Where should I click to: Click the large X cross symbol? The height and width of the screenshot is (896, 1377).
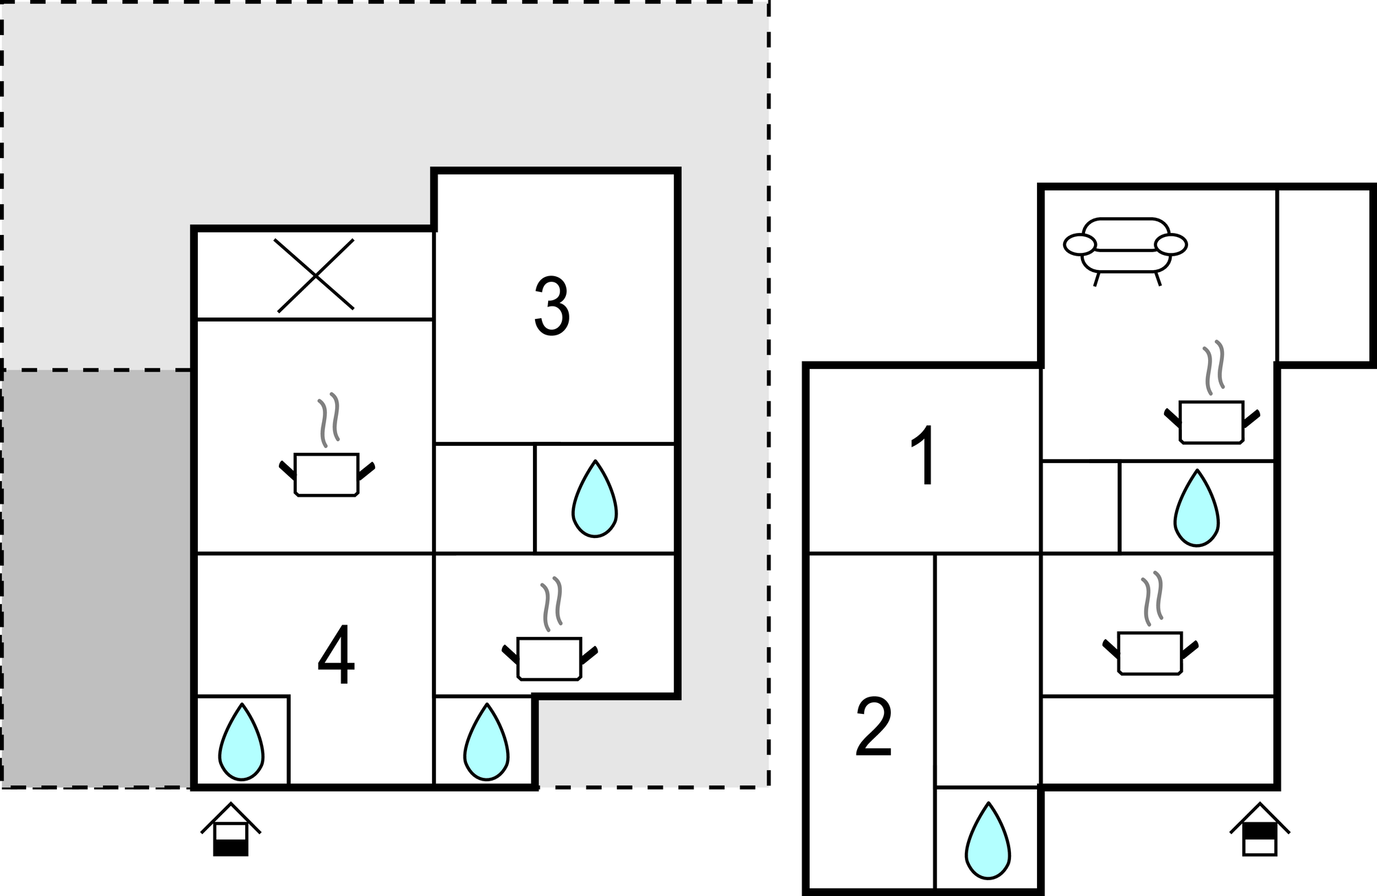315,276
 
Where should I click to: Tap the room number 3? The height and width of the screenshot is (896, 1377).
551,307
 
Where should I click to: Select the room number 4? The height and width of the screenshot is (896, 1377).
337,656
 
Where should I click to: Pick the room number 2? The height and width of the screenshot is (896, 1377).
874,727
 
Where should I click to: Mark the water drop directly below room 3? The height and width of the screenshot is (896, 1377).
595,499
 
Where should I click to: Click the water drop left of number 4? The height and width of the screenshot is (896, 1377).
241,741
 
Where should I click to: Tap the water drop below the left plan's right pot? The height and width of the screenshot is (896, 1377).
486,741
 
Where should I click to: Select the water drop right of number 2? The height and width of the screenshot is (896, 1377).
988,840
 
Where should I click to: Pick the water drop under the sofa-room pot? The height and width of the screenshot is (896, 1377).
1196,508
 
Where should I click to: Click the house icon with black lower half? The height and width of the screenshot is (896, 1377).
231,829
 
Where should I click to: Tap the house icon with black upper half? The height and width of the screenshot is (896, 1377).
1260,829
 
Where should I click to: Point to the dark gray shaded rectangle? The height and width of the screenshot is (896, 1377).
97,578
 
